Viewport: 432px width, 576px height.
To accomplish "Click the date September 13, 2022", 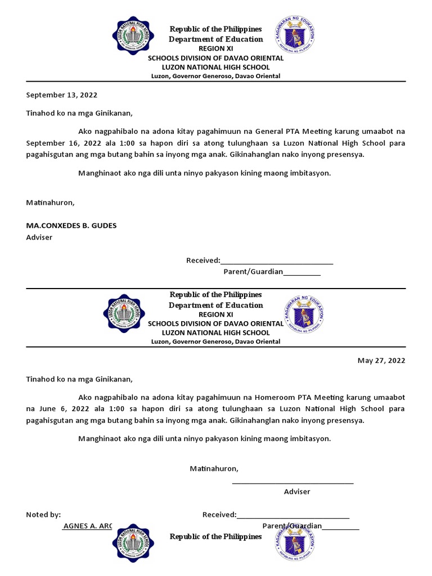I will (x=57, y=95).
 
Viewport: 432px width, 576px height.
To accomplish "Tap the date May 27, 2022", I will (x=381, y=361).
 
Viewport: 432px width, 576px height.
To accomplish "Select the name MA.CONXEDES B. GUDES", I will (x=71, y=226).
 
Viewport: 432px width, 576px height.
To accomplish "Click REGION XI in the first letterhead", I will (x=215, y=49).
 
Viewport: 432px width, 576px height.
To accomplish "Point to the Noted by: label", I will (x=43, y=514).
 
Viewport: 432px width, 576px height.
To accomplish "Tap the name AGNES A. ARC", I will (x=87, y=526).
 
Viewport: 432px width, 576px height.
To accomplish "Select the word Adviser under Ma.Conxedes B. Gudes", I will (x=39, y=237).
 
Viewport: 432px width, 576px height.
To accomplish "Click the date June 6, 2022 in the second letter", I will (x=53, y=408).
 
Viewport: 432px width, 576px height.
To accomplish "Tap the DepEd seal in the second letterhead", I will (x=304, y=314).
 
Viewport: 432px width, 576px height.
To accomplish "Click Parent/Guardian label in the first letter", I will (x=253, y=272).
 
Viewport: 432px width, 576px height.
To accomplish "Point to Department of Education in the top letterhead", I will (x=215, y=39).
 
